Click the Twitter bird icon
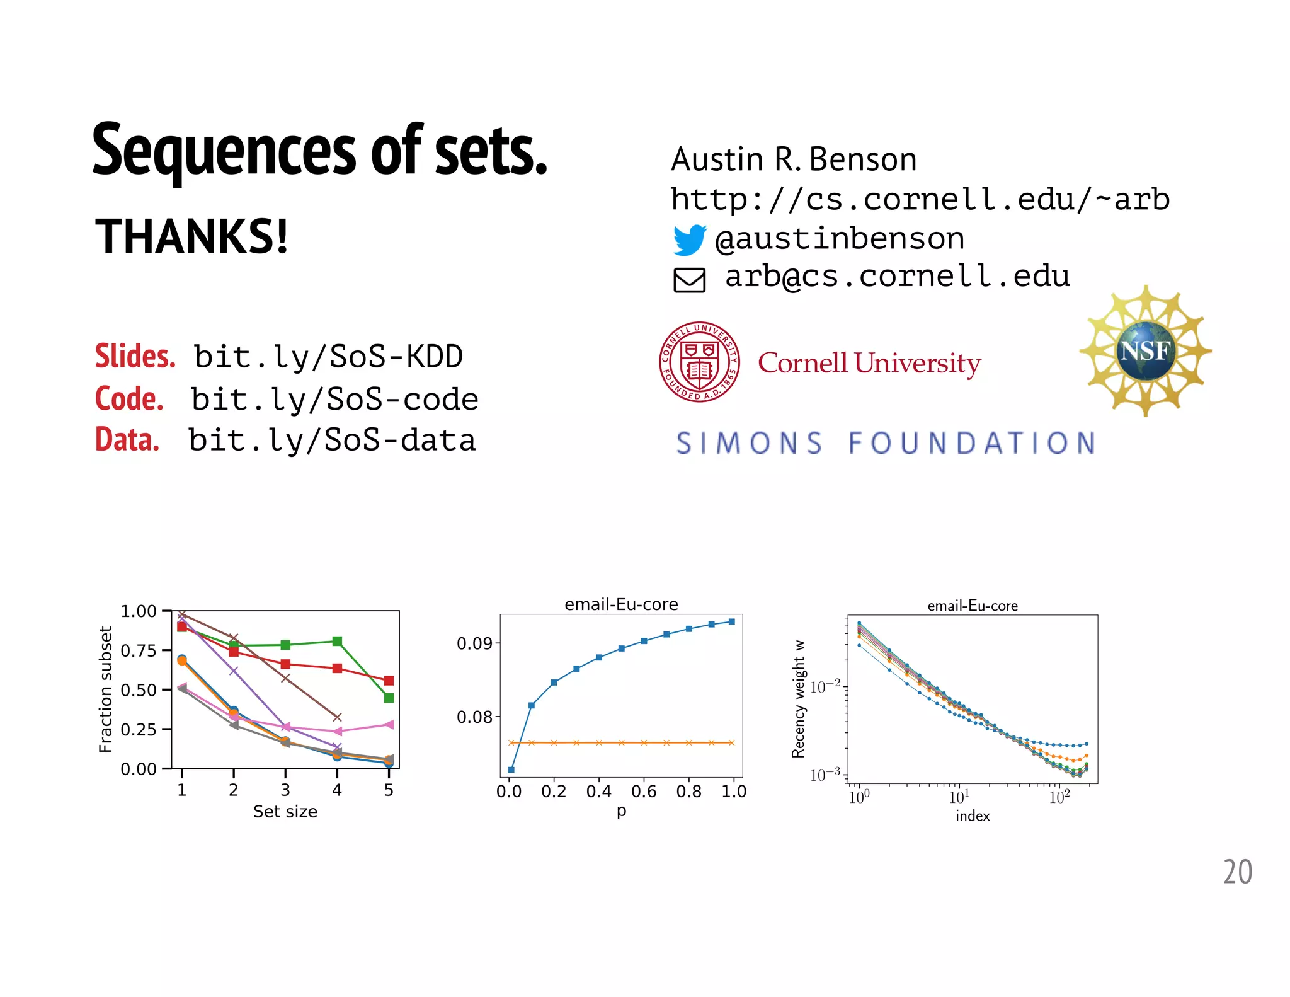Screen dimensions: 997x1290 [689, 239]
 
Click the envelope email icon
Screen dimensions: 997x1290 [689, 280]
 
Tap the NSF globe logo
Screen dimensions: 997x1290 [1146, 351]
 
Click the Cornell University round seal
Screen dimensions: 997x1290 [699, 362]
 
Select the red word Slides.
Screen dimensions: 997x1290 [135, 356]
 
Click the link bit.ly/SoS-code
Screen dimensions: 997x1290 [334, 400]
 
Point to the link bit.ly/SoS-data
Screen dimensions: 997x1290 [332, 441]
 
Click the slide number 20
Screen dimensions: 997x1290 [1237, 872]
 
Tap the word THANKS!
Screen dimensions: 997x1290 [191, 237]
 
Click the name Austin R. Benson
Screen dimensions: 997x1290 [794, 159]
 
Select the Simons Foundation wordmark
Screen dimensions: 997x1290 [886, 443]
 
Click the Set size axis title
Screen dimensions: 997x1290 [285, 812]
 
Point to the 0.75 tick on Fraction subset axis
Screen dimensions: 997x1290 [139, 650]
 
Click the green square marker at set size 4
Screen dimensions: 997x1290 [337, 641]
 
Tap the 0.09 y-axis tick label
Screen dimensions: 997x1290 [474, 643]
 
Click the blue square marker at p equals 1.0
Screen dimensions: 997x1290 [732, 621]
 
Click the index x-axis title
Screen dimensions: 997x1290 [972, 816]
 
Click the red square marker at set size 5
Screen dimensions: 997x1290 [389, 681]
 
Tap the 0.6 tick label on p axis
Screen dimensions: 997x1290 [644, 792]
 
